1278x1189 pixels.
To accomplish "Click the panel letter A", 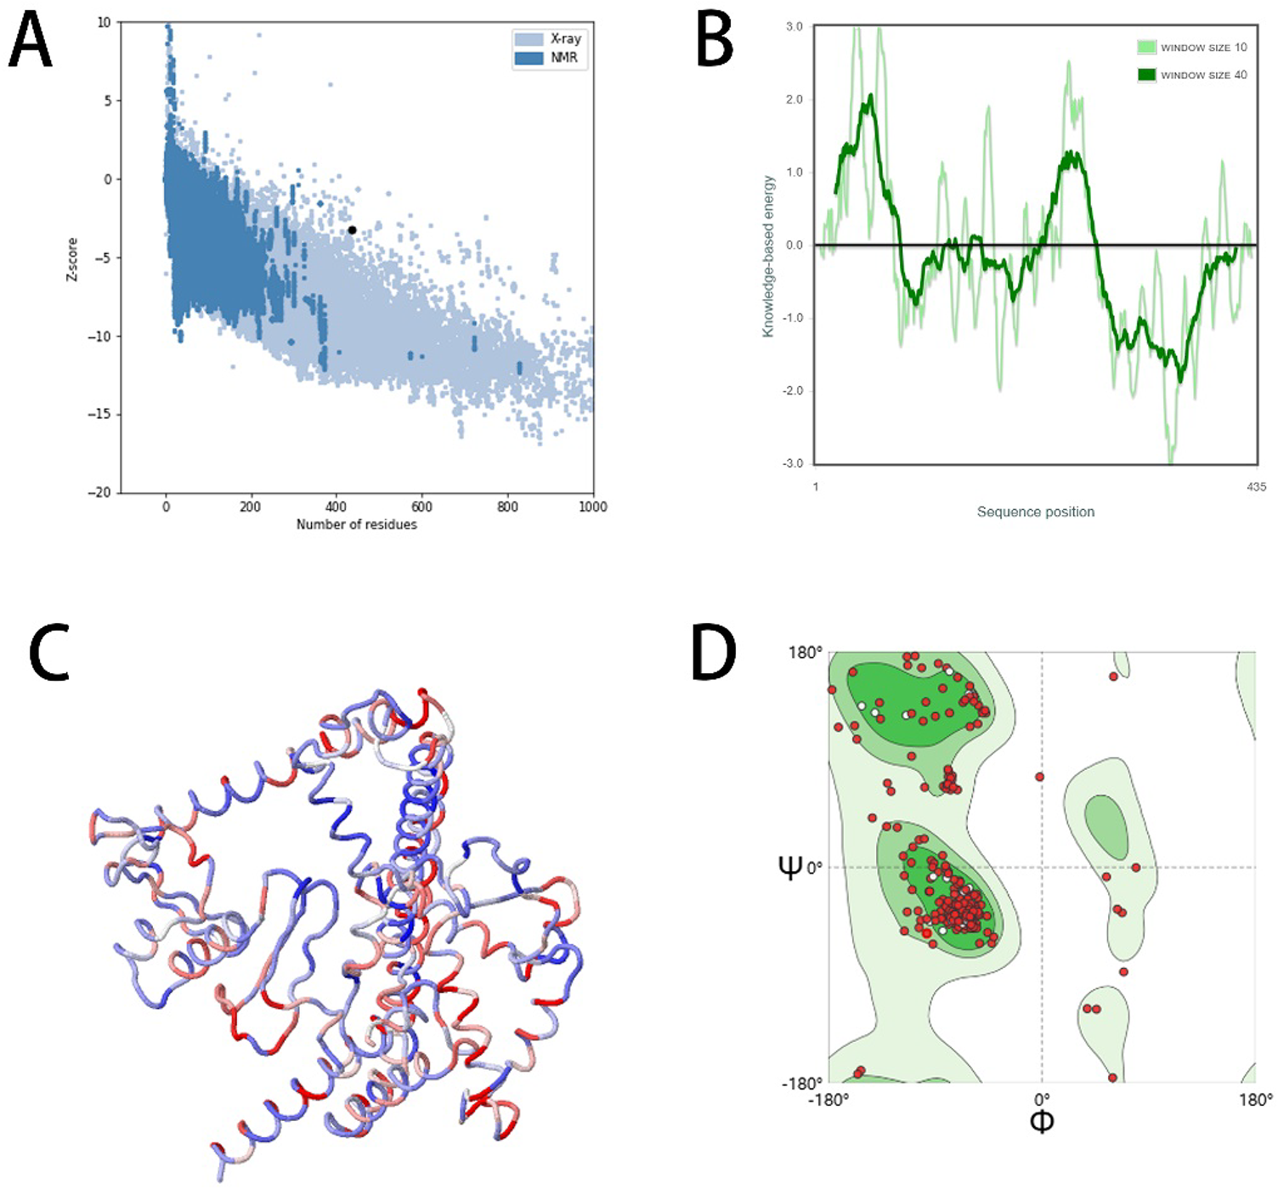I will (x=30, y=42).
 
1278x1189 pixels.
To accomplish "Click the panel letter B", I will (x=715, y=42).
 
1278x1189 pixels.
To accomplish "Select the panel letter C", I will (x=48, y=653).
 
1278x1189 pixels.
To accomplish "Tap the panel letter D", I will (x=714, y=653).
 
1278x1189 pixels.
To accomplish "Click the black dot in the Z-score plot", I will (x=352, y=230).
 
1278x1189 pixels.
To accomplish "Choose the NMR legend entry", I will (x=563, y=58).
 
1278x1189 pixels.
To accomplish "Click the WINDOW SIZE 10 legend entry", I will (x=1203, y=48).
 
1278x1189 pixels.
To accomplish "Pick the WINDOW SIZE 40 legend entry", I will (x=1203, y=75).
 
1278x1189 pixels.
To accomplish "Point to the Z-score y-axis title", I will (x=72, y=259).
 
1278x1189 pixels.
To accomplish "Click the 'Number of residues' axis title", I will (x=357, y=524).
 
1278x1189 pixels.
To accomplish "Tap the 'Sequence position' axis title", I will (x=1035, y=512).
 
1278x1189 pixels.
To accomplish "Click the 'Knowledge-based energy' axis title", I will (x=768, y=256).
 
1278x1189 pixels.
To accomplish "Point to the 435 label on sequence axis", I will (x=1256, y=487).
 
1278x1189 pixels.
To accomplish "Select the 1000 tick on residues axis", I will (x=592, y=507).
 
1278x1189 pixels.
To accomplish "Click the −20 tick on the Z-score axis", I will (x=99, y=493).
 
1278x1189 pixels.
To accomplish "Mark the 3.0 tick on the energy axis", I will (x=794, y=27).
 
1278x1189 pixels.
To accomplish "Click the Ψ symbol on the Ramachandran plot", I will (x=790, y=867).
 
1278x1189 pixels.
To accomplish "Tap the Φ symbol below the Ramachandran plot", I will (x=1042, y=1122).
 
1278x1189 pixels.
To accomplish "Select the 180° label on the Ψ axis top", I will (x=806, y=653).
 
